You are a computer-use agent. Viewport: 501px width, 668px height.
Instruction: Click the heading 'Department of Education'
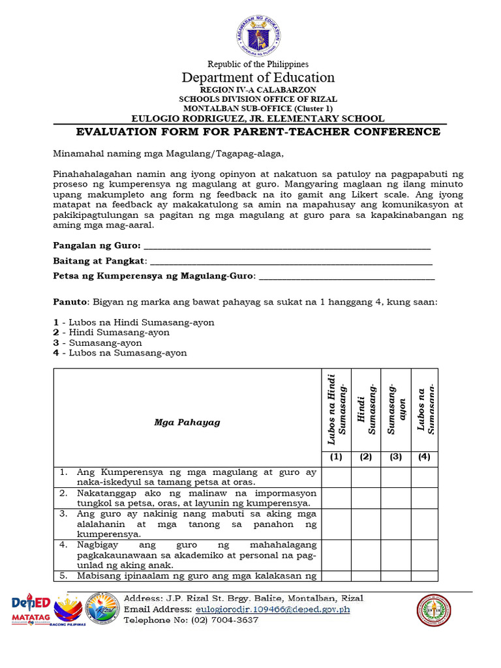(258, 77)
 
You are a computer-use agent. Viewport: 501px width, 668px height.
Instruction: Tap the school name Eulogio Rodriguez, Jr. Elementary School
(258, 118)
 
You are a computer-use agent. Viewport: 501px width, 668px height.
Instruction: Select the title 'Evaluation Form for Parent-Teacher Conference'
(258, 132)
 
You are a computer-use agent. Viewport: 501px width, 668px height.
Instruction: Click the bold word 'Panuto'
(70, 303)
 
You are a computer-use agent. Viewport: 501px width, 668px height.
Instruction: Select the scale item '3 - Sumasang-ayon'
(97, 342)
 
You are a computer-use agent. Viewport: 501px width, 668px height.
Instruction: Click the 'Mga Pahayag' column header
(187, 422)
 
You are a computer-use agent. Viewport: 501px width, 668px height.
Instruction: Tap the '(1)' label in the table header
(336, 457)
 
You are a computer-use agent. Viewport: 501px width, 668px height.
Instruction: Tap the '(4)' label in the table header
(424, 457)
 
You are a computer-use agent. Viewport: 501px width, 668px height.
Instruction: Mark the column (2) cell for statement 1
(366, 477)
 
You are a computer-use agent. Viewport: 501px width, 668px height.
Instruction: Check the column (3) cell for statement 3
(395, 524)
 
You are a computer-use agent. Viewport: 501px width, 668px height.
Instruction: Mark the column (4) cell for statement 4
(424, 554)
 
